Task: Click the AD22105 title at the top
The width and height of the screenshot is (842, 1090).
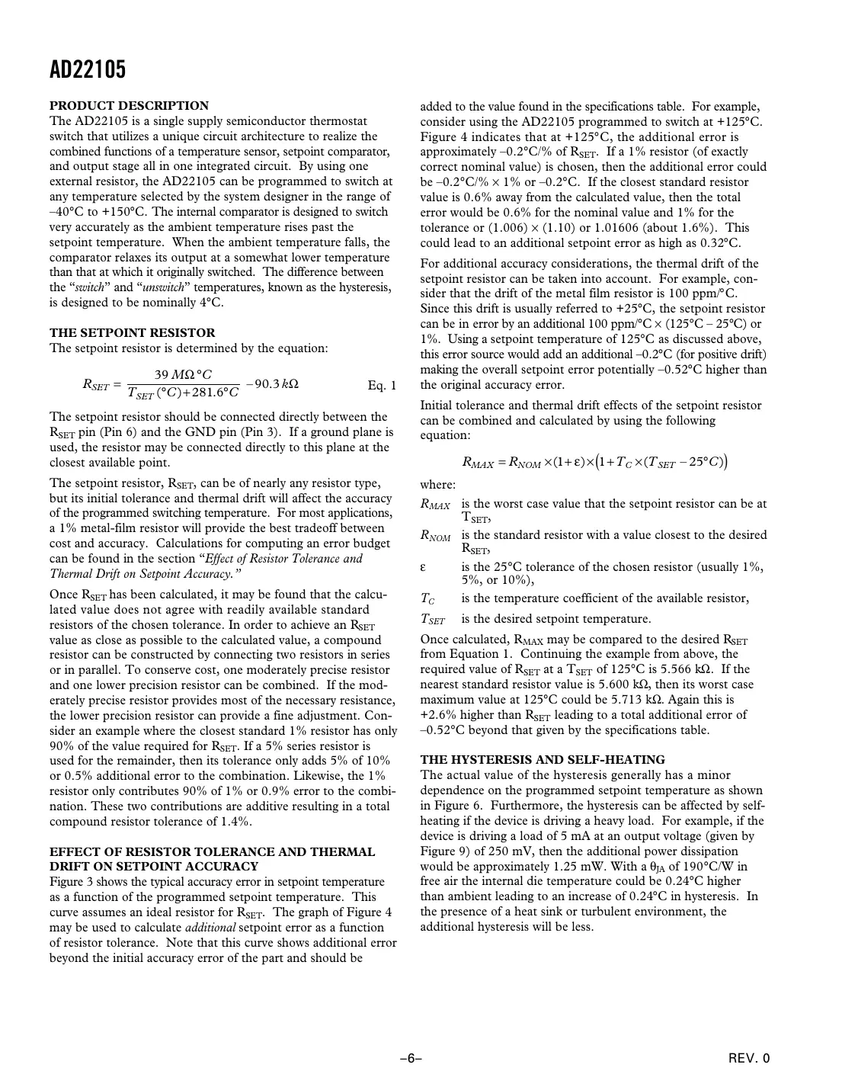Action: tap(88, 70)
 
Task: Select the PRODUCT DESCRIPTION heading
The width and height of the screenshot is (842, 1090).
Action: tap(129, 106)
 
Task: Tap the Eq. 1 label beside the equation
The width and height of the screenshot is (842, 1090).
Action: tap(382, 385)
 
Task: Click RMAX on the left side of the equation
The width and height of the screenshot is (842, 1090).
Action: tap(478, 462)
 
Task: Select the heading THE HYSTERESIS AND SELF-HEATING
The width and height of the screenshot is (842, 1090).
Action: tap(542, 760)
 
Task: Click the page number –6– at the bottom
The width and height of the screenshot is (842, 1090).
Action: tap(411, 1058)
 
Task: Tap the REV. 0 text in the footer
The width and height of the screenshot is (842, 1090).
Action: tap(749, 1058)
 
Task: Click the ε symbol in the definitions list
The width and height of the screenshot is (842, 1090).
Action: tap(423, 567)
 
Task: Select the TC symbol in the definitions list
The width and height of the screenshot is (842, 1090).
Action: tap(427, 599)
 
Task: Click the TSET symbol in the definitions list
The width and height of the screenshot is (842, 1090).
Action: tap(432, 620)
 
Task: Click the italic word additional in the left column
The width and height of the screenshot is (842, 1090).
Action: tap(210, 928)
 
